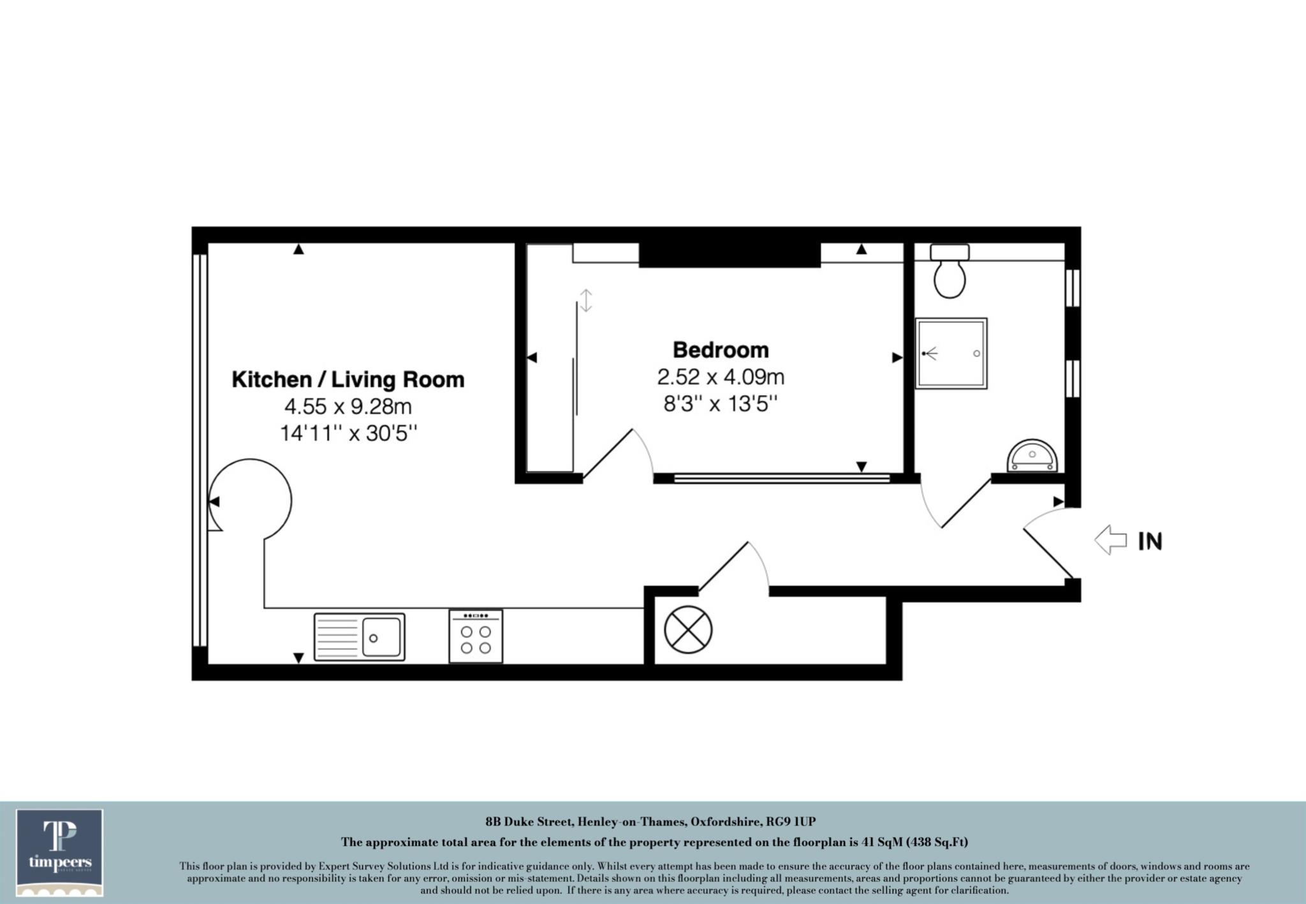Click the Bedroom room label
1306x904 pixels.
click(721, 350)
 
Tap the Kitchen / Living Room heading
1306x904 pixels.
click(348, 379)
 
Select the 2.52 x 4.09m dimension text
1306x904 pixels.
click(721, 377)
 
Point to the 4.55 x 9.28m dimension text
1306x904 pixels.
click(348, 406)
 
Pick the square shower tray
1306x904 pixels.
click(951, 353)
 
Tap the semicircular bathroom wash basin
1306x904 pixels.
click(1032, 455)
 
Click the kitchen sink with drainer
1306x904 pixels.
click(359, 636)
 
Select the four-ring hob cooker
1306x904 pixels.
click(476, 636)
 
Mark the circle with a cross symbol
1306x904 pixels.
click(688, 630)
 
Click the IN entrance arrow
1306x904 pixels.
click(1110, 541)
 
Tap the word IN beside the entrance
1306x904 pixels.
click(1150, 541)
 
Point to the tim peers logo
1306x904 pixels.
click(60, 852)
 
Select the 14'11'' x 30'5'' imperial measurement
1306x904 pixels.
click(348, 434)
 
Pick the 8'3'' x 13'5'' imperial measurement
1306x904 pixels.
click(721, 404)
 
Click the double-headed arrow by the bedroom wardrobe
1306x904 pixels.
click(586, 300)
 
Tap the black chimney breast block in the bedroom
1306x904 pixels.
click(730, 255)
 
